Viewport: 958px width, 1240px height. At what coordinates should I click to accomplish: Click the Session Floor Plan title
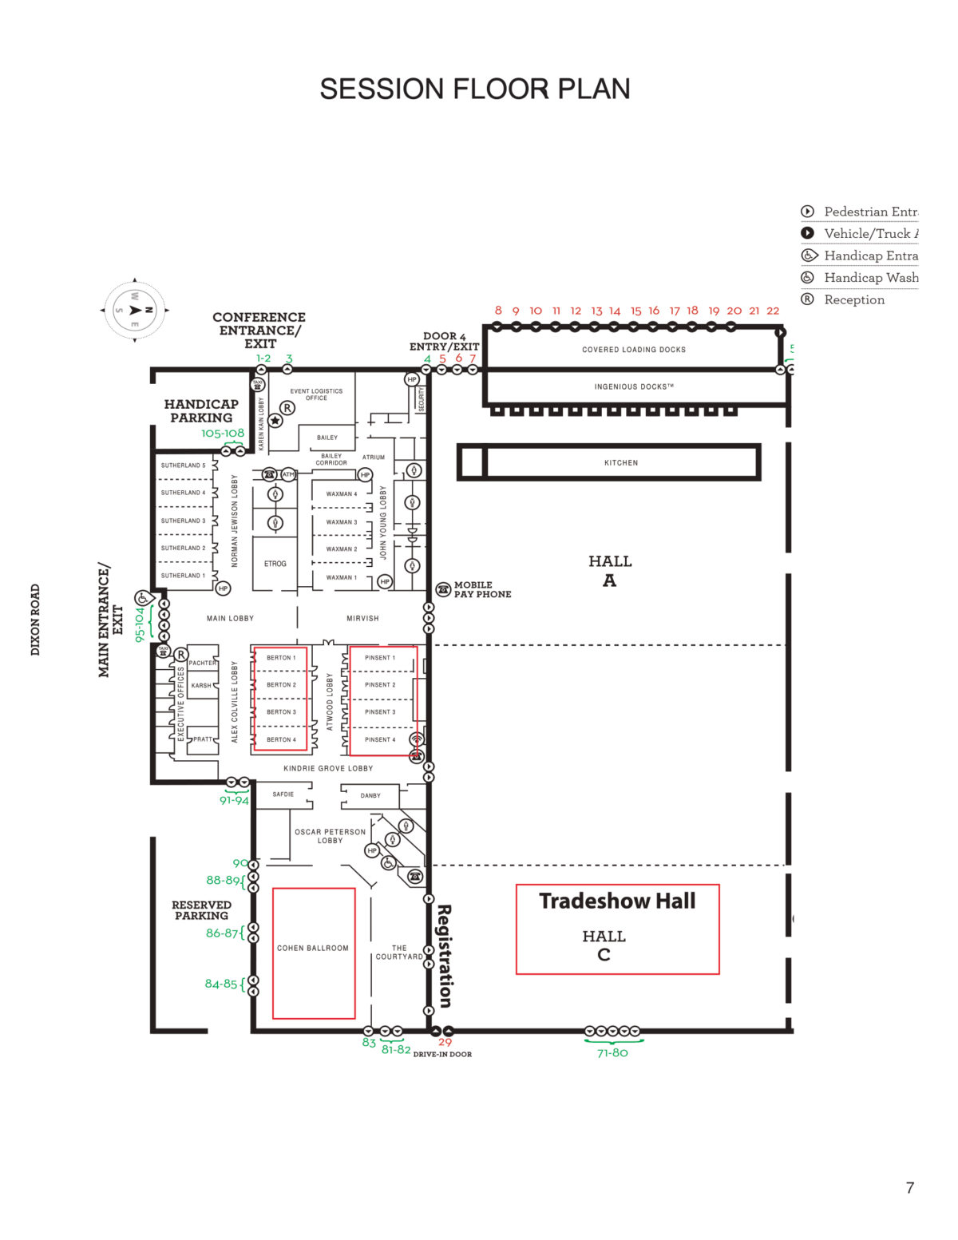[x=475, y=89]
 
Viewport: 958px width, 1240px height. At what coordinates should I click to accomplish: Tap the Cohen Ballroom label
[x=313, y=948]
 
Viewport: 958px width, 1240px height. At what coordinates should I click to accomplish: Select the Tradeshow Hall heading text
[x=617, y=901]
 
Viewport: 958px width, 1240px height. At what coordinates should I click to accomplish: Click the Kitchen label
[x=621, y=463]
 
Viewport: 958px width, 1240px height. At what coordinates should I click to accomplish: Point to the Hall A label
[x=610, y=570]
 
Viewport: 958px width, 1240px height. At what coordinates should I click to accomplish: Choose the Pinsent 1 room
[x=380, y=658]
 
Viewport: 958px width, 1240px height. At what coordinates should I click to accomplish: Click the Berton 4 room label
[x=281, y=739]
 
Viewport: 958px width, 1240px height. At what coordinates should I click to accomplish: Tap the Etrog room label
[x=275, y=564]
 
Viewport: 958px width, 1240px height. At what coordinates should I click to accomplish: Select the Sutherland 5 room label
[x=183, y=465]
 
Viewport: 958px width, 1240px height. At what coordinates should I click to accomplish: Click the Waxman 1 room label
[x=342, y=577]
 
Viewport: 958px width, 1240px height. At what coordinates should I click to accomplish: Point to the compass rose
[x=135, y=310]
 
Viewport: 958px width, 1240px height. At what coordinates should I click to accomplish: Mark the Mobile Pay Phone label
[x=482, y=589]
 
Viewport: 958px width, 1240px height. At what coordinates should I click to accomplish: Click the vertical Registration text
[x=445, y=956]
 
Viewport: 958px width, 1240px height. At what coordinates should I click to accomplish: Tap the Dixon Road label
[x=35, y=620]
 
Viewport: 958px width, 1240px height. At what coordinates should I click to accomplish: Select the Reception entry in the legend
[x=853, y=299]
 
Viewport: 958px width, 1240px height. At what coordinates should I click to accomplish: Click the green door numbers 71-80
[x=612, y=1052]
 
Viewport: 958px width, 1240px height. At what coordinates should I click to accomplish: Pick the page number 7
[x=909, y=1187]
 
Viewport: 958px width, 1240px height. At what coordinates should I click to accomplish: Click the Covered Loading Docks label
[x=634, y=350]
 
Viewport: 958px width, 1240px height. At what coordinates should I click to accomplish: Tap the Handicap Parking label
[x=201, y=410]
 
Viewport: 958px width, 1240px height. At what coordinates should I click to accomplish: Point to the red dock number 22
[x=773, y=311]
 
